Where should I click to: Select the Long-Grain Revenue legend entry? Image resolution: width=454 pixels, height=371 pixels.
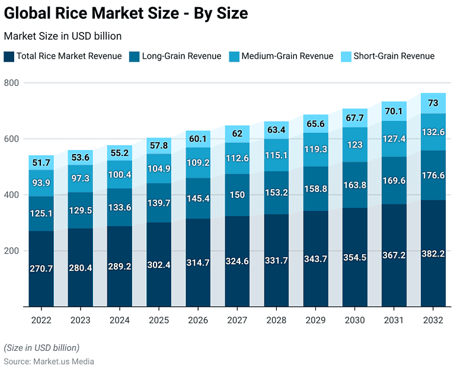click(x=176, y=56)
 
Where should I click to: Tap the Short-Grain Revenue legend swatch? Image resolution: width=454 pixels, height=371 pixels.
click(x=346, y=56)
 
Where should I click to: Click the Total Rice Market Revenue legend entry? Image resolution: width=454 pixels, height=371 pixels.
click(x=63, y=56)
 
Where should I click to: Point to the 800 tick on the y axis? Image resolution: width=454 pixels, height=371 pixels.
click(x=12, y=83)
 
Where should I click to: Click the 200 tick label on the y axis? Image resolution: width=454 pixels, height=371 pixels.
click(x=12, y=251)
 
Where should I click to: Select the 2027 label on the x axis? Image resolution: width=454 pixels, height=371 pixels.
click(x=238, y=320)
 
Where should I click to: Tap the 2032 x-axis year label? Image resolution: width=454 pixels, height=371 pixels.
click(x=433, y=320)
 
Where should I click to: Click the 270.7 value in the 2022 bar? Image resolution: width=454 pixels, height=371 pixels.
click(x=41, y=268)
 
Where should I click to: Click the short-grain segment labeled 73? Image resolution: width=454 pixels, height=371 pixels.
click(x=433, y=103)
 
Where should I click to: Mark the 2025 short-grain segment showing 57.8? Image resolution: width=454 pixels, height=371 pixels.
click(x=159, y=145)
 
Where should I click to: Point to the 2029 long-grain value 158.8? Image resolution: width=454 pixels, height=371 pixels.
click(x=316, y=190)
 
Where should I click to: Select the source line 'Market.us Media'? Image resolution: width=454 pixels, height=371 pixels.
click(x=49, y=361)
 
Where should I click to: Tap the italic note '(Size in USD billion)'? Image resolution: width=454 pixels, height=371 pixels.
click(x=41, y=347)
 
